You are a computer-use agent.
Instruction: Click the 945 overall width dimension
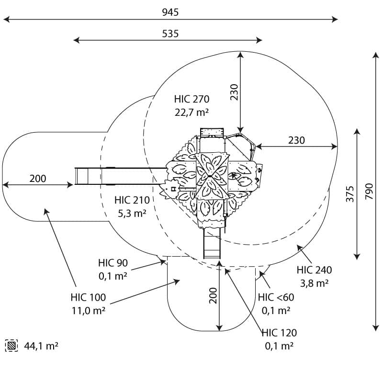click(x=170, y=12)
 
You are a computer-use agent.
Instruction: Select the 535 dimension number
click(x=170, y=34)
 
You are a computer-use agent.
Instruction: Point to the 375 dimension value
click(x=350, y=194)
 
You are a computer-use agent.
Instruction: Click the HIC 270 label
click(x=191, y=100)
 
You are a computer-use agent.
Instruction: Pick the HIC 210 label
click(x=132, y=200)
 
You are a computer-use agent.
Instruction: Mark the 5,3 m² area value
click(x=132, y=213)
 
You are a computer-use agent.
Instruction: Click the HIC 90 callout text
click(x=113, y=263)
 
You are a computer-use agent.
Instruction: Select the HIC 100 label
click(x=88, y=298)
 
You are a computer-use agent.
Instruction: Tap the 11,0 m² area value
click(x=89, y=310)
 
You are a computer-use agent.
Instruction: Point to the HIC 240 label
click(x=314, y=270)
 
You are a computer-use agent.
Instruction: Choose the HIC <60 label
click(x=276, y=298)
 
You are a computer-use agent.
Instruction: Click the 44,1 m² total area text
click(x=41, y=346)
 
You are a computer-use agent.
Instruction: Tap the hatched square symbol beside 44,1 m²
click(x=12, y=345)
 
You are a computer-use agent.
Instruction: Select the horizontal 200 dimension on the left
click(x=38, y=179)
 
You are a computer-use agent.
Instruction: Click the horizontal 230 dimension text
click(x=296, y=140)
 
